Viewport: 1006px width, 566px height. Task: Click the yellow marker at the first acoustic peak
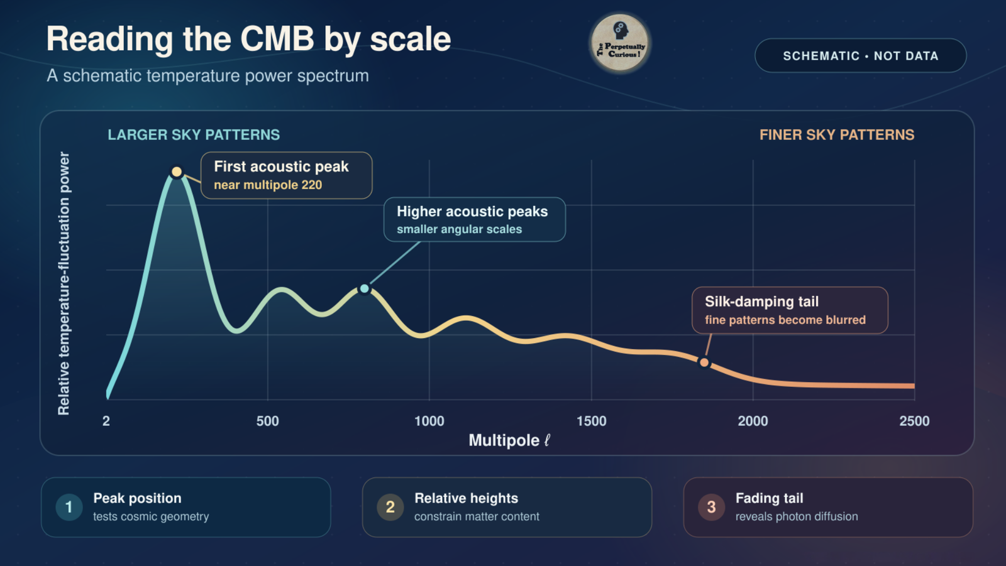click(x=177, y=171)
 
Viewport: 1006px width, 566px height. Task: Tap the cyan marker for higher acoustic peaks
click(x=365, y=288)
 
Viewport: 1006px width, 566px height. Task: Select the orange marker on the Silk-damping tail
click(x=704, y=362)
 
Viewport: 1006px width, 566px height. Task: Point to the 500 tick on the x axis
click(x=268, y=421)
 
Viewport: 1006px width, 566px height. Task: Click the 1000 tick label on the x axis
click(x=429, y=421)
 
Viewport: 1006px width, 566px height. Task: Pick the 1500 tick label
click(x=592, y=421)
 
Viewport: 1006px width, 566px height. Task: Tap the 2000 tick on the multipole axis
click(x=753, y=421)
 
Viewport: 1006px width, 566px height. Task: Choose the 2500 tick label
click(x=914, y=421)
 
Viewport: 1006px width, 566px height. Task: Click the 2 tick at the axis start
click(x=106, y=421)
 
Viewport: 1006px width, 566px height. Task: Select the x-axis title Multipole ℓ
click(x=509, y=440)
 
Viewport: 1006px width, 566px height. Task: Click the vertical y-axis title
click(x=64, y=283)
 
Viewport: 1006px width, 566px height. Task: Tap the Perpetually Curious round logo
click(x=620, y=43)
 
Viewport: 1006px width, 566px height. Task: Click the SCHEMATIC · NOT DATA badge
click(x=861, y=56)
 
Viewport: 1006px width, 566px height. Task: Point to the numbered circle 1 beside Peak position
click(x=69, y=507)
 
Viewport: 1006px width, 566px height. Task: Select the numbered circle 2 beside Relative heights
click(x=390, y=507)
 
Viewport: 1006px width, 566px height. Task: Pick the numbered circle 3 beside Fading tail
click(x=711, y=507)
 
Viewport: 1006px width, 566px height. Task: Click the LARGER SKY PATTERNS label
click(x=194, y=134)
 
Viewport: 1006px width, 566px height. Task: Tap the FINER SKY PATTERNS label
click(x=837, y=134)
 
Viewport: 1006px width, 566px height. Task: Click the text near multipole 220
click(x=268, y=185)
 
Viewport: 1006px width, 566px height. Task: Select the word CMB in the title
click(x=277, y=39)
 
